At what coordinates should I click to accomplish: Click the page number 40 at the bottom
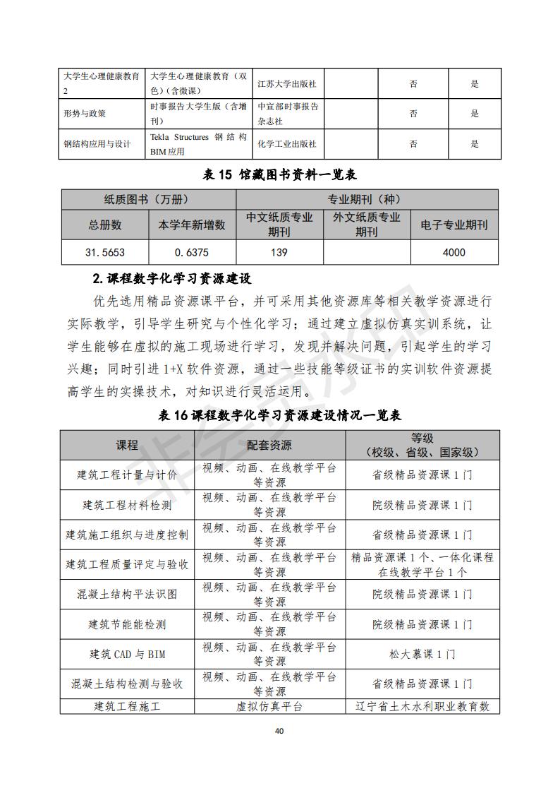[x=279, y=731]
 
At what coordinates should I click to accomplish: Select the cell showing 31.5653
[x=104, y=252]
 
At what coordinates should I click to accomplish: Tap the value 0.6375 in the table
[x=191, y=252]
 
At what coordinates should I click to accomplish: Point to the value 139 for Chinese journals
[x=279, y=252]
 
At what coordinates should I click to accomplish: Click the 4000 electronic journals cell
[x=454, y=252]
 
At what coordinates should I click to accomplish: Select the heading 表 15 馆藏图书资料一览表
[x=280, y=174]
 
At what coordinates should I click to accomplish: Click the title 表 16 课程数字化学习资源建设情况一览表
[x=280, y=415]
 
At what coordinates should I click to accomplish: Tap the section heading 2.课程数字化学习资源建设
[x=171, y=278]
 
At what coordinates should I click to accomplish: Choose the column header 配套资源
[x=269, y=445]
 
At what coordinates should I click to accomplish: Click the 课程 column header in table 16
[x=127, y=445]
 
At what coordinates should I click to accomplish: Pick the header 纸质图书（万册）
[x=147, y=199]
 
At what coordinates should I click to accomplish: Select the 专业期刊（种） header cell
[x=367, y=199]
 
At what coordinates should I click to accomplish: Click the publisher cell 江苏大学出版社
[x=286, y=84]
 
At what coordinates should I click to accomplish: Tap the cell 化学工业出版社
[x=286, y=144]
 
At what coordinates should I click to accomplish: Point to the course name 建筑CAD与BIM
[x=127, y=654]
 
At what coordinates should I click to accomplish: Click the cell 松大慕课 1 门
[x=422, y=654]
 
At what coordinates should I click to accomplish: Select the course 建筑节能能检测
[x=127, y=624]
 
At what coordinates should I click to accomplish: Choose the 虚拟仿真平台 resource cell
[x=269, y=706]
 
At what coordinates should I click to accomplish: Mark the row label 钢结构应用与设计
[x=97, y=144]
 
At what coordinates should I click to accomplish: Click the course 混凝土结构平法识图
[x=127, y=595]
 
